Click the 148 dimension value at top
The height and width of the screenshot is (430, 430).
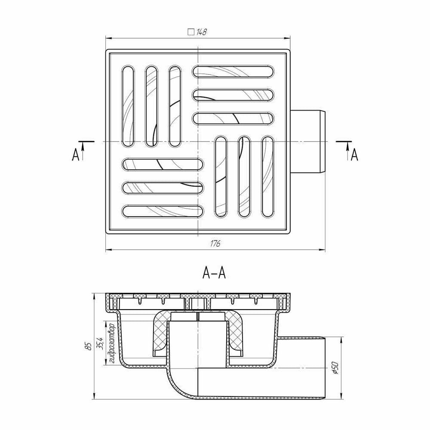point(202,32)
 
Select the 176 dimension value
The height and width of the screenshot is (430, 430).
point(215,244)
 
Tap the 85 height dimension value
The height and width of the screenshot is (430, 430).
point(88,346)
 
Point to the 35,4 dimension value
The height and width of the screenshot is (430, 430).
point(100,343)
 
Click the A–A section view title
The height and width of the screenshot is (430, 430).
point(214,273)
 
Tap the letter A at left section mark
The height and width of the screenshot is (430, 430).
point(75,155)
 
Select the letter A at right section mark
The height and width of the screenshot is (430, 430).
point(355,155)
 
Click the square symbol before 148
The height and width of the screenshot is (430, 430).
point(191,32)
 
